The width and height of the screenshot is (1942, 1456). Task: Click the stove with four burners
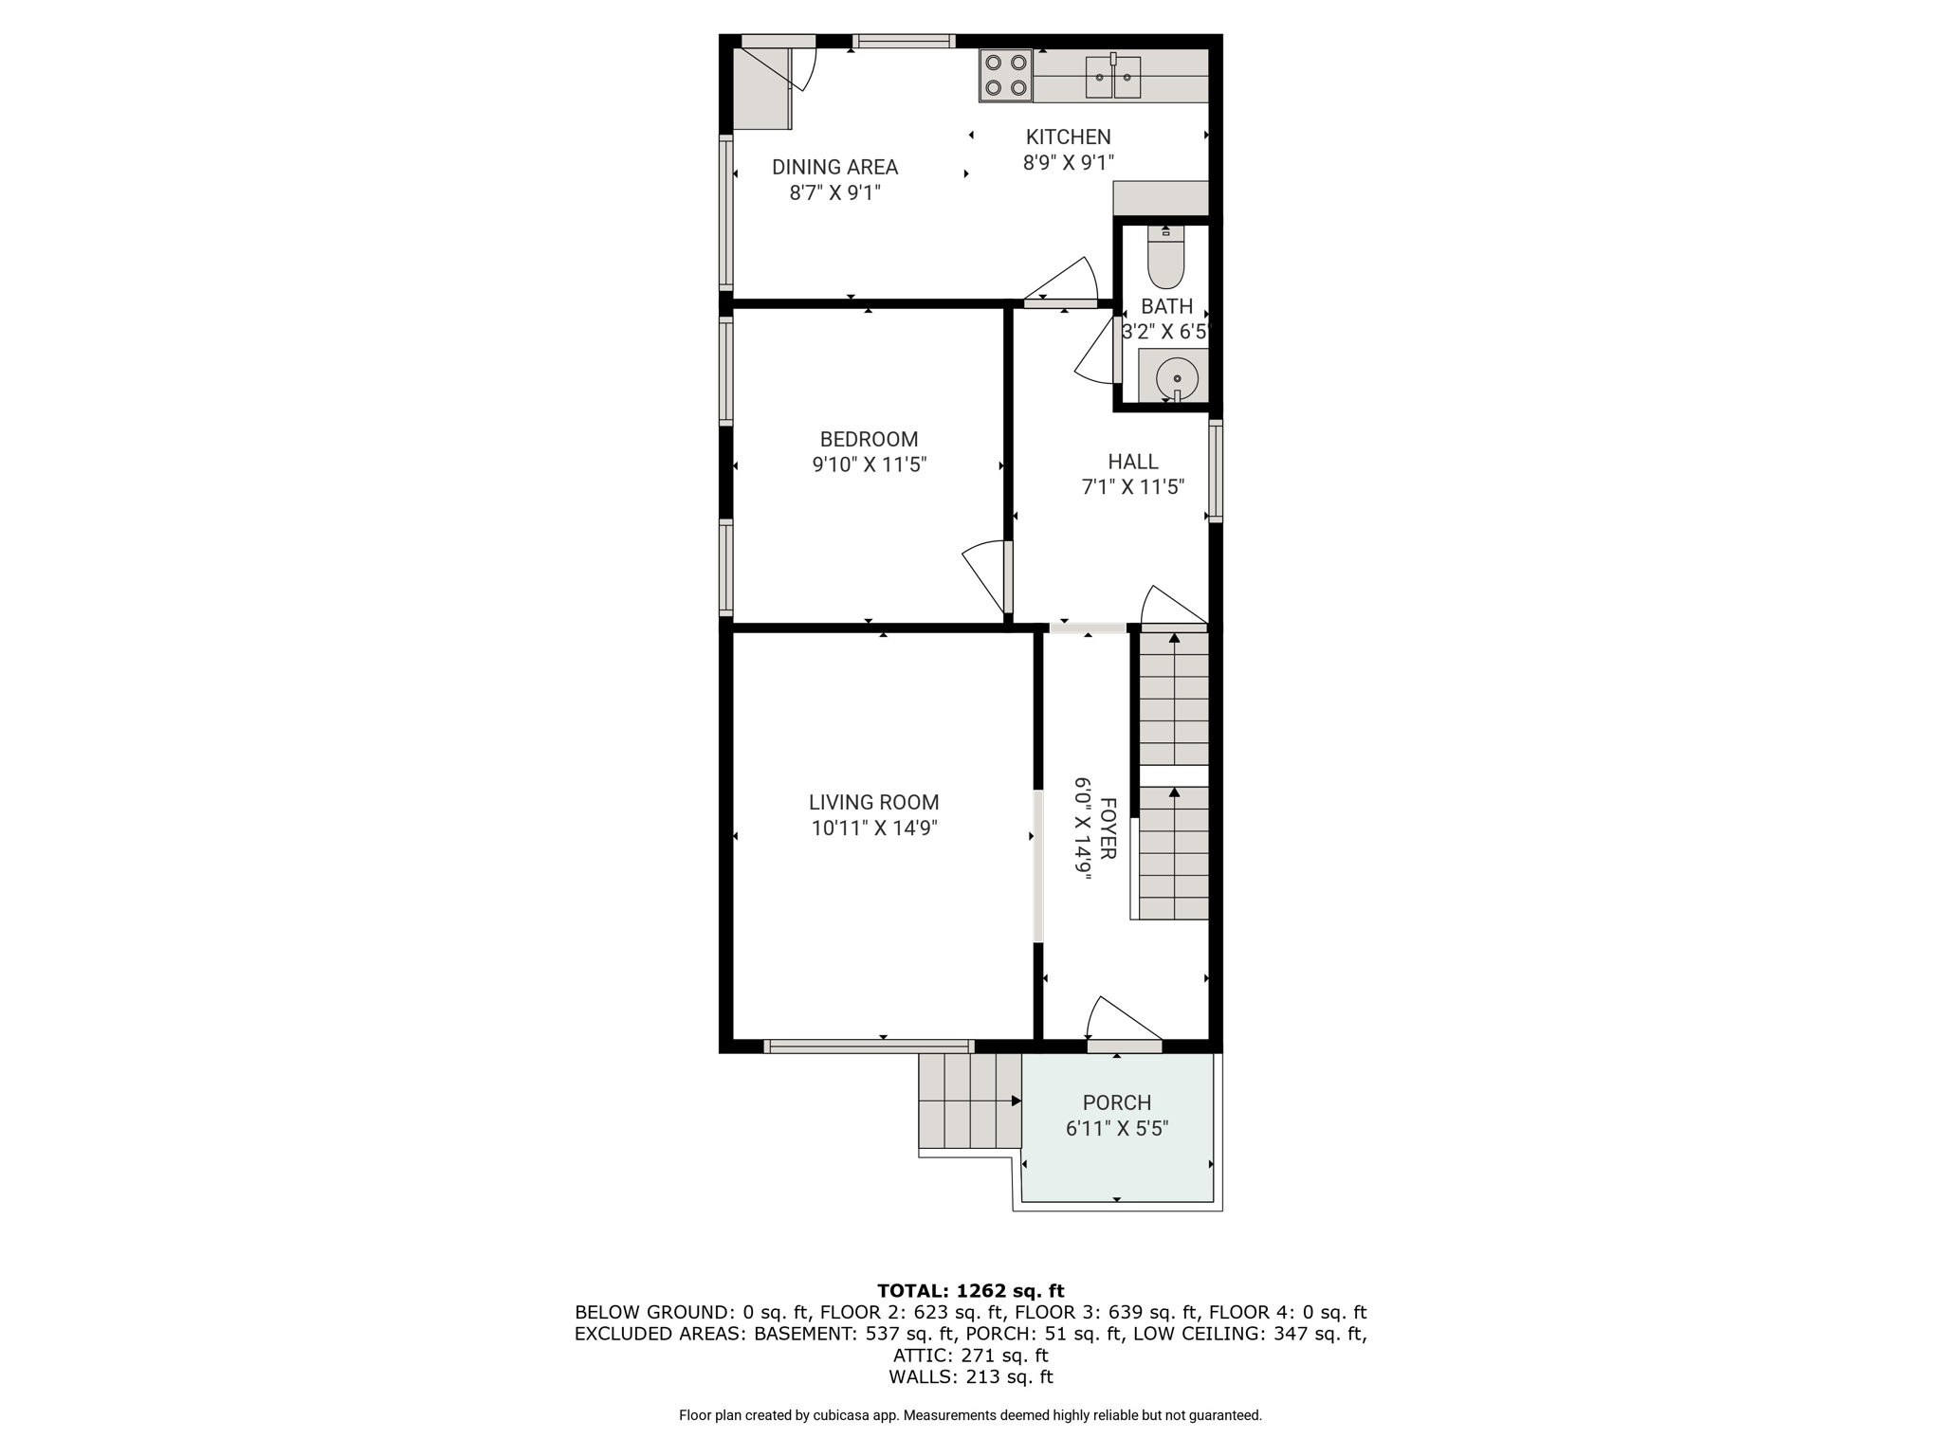(1005, 75)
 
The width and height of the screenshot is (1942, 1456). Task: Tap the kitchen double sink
(1113, 77)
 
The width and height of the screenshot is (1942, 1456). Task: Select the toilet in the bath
(1165, 257)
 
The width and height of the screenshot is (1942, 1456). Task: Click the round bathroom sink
(1177, 378)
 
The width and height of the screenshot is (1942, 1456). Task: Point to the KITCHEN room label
(1068, 136)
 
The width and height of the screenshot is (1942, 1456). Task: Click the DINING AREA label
(834, 167)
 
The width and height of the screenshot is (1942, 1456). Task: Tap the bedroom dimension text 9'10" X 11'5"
(869, 464)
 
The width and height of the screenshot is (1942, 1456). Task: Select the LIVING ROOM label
(873, 802)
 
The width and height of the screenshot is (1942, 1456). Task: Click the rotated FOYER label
(1108, 828)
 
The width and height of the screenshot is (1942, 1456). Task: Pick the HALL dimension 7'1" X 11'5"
(1133, 487)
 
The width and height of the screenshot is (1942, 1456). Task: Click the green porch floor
(1117, 1127)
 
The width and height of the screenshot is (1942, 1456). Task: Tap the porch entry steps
(969, 1101)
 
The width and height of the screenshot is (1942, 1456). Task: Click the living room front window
(869, 1046)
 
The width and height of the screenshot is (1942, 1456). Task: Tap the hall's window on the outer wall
(1216, 471)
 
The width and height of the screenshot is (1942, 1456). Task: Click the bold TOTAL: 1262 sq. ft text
(970, 1290)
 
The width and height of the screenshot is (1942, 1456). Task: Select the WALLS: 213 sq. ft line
(970, 1376)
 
